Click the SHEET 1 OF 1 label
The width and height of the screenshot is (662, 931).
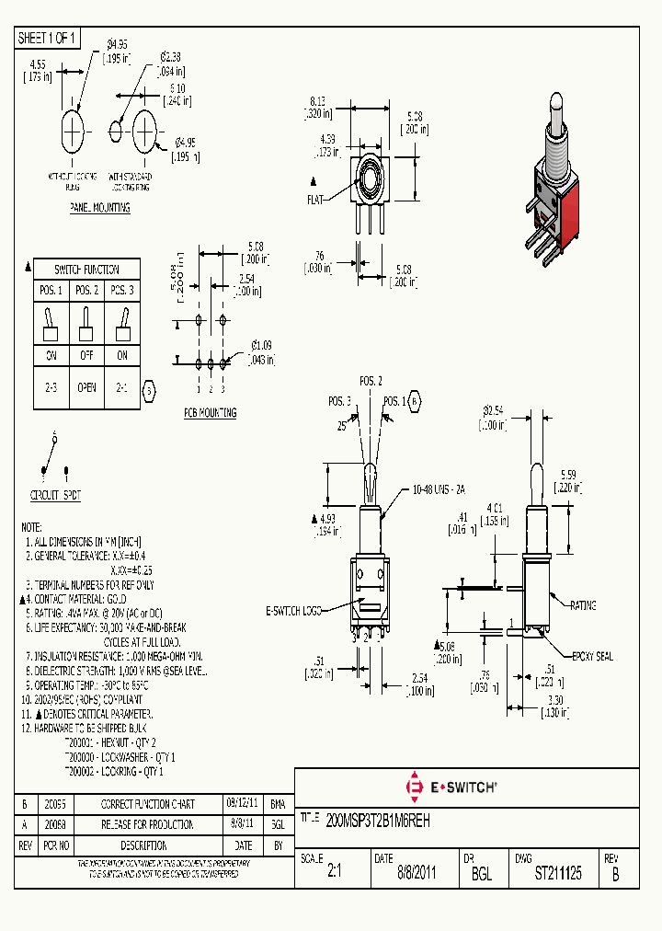point(48,38)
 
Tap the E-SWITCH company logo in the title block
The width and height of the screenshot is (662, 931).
point(451,787)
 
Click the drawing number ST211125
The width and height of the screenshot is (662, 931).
point(558,874)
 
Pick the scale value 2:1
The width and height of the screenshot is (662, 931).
point(333,874)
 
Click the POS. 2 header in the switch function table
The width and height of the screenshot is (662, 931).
point(86,291)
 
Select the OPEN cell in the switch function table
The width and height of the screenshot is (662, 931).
point(86,387)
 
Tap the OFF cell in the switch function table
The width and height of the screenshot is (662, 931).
point(86,355)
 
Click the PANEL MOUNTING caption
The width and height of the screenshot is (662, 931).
point(99,209)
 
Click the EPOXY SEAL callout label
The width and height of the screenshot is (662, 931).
point(592,657)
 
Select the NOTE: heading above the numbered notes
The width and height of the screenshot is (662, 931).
point(31,527)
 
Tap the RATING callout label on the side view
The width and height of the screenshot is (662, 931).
point(583,605)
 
